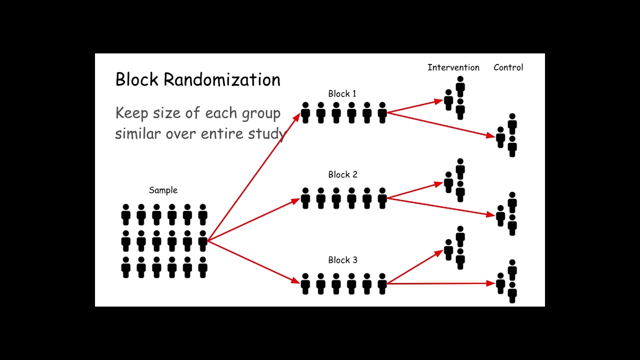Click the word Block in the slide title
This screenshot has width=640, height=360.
(x=137, y=80)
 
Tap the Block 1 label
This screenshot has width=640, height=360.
(x=342, y=93)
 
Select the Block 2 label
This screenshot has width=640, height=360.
(x=342, y=174)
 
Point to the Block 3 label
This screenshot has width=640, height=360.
(x=342, y=260)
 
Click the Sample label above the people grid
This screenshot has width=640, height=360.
(x=163, y=190)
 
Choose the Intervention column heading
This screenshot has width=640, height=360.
(x=453, y=67)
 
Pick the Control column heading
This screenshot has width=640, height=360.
(x=508, y=67)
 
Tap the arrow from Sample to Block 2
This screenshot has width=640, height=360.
(x=252, y=220)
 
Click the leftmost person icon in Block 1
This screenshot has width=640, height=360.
(x=305, y=112)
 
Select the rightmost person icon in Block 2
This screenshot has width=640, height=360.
(x=382, y=198)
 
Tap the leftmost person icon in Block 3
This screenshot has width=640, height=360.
(x=305, y=283)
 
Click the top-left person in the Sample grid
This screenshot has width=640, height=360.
(x=126, y=214)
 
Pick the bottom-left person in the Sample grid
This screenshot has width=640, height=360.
(x=126, y=267)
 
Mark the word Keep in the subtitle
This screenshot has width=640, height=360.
(x=132, y=113)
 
